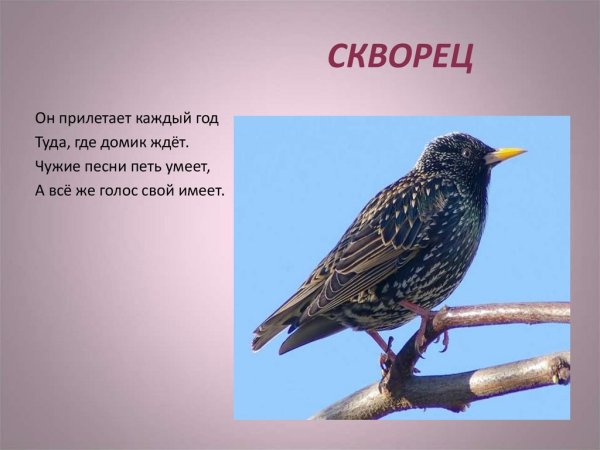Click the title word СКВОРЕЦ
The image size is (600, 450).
pyautogui.click(x=399, y=57)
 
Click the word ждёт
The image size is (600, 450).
pyautogui.click(x=170, y=143)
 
